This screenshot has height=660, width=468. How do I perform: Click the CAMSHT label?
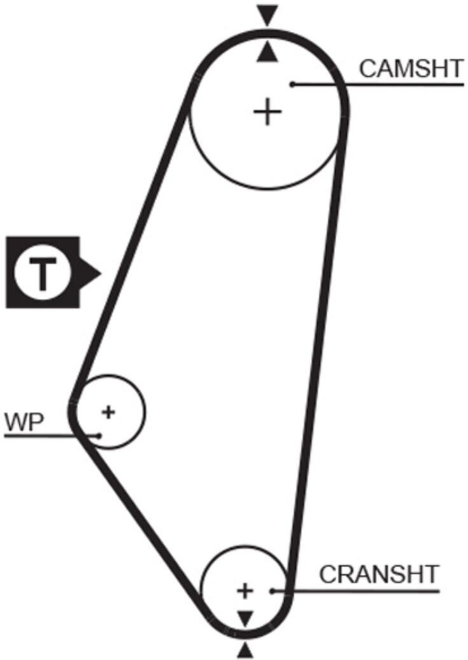click(x=411, y=69)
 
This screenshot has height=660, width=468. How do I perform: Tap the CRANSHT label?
click(x=379, y=574)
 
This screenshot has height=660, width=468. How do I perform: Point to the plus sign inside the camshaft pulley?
click(x=267, y=112)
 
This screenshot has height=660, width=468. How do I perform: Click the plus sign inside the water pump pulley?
click(x=109, y=411)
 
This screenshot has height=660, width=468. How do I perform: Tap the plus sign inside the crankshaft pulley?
click(x=245, y=591)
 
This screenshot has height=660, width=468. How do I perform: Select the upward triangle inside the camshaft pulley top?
click(x=268, y=54)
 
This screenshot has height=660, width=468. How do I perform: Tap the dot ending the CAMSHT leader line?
click(x=292, y=84)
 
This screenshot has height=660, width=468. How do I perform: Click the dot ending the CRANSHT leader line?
click(x=272, y=591)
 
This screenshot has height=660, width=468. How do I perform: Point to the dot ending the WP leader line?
click(x=99, y=435)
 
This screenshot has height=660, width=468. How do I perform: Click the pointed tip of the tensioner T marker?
click(x=101, y=273)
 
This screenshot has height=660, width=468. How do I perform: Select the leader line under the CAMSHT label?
click(x=378, y=85)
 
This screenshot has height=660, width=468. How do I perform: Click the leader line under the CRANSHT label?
click(x=355, y=591)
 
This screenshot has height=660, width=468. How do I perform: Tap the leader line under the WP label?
click(x=52, y=436)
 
